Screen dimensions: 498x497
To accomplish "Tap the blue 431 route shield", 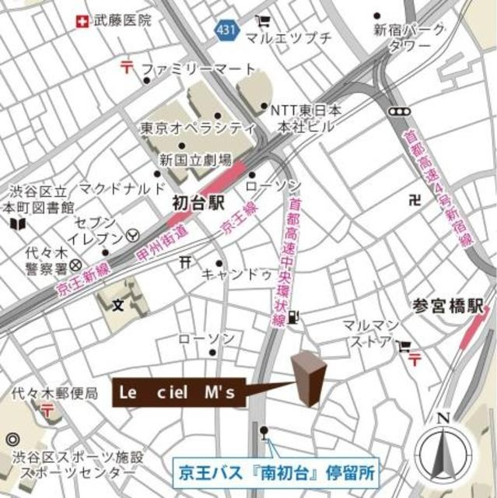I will [223, 30].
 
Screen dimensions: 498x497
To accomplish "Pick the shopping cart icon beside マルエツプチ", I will [264, 21].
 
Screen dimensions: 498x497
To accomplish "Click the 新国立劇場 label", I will [196, 160].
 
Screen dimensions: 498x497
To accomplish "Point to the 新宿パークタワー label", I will [409, 37].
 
